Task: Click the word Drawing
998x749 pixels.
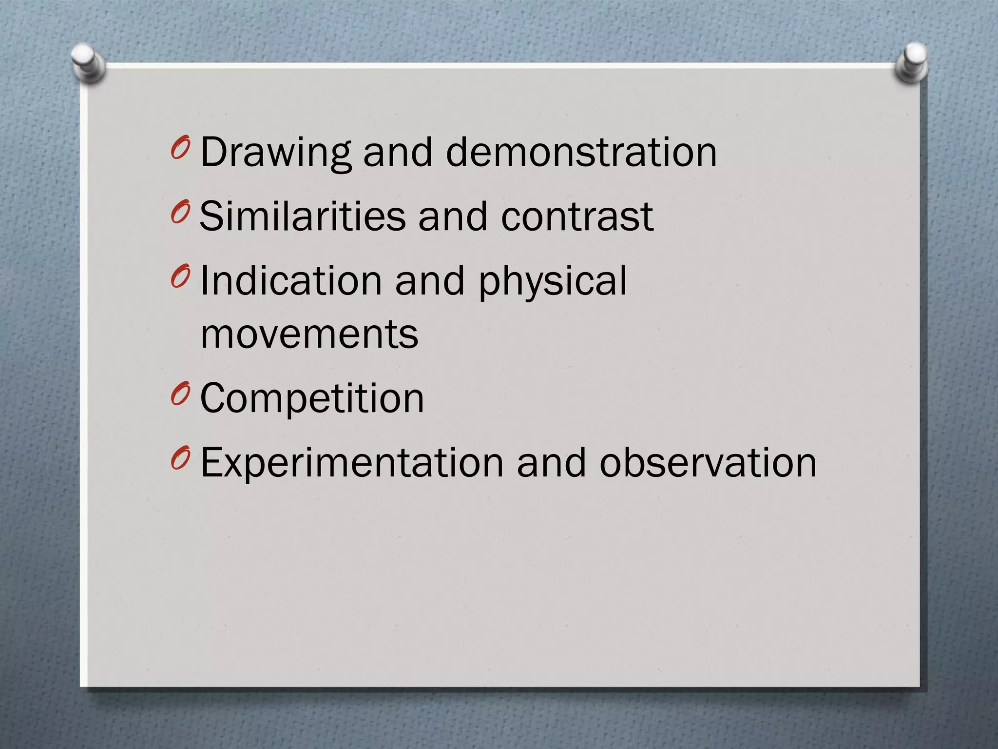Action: click(275, 153)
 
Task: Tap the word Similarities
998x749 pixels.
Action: click(302, 216)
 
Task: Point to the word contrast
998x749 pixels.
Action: click(577, 216)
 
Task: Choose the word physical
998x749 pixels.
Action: click(553, 281)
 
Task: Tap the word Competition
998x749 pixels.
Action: click(312, 398)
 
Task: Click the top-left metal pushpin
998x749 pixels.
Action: click(88, 63)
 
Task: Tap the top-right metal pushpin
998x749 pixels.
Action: click(912, 63)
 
